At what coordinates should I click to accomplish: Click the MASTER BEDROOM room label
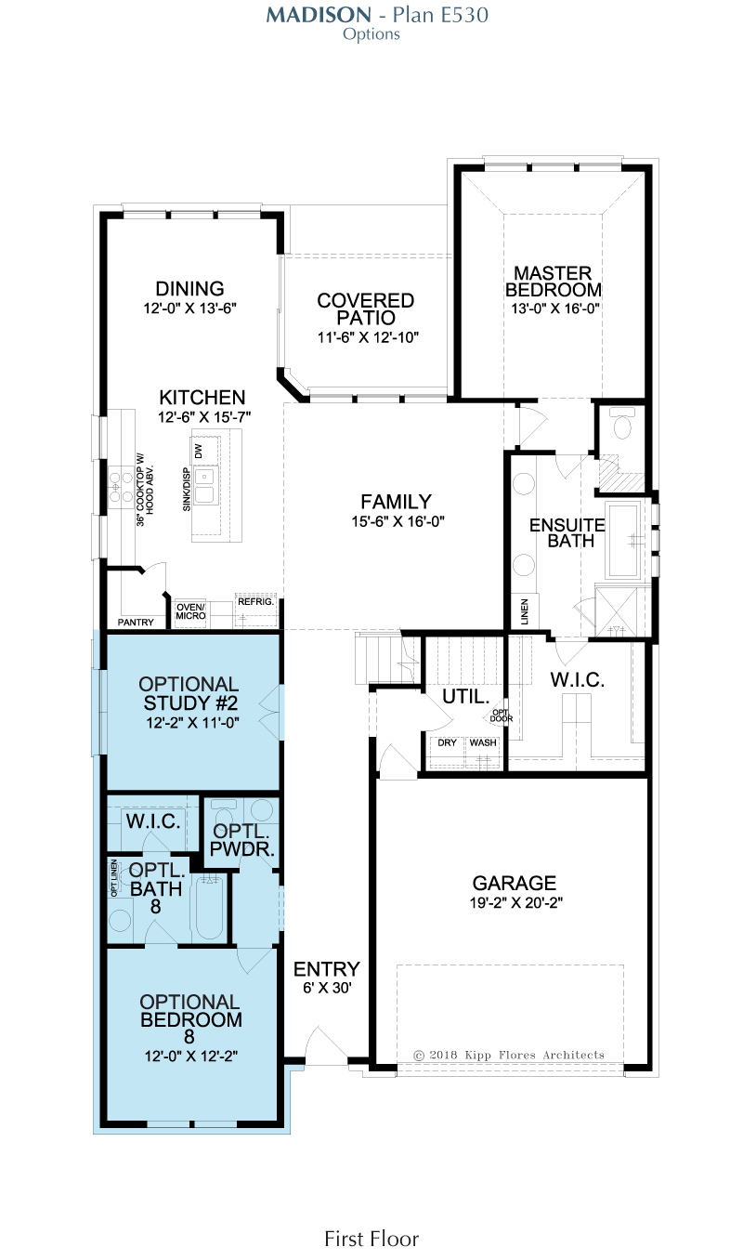554,282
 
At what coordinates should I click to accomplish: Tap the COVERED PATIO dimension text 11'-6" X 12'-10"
368,337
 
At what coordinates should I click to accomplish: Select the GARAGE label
515,883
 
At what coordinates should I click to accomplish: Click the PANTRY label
136,623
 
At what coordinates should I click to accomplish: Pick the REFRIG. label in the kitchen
255,601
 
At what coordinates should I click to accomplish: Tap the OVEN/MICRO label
190,611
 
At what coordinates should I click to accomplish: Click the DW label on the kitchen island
199,451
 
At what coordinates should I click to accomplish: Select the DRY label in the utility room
447,742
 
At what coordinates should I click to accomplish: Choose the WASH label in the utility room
483,742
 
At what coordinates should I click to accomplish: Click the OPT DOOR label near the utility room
501,715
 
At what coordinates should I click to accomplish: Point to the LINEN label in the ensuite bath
525,611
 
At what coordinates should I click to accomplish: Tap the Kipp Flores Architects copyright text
509,1056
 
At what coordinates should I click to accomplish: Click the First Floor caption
371,1239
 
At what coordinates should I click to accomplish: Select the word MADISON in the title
319,15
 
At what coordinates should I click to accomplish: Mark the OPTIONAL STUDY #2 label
189,693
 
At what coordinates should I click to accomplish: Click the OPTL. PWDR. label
241,840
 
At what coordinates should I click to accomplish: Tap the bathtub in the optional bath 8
210,907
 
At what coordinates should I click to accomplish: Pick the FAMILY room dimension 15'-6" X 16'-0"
398,521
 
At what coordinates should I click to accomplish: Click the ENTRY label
327,968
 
